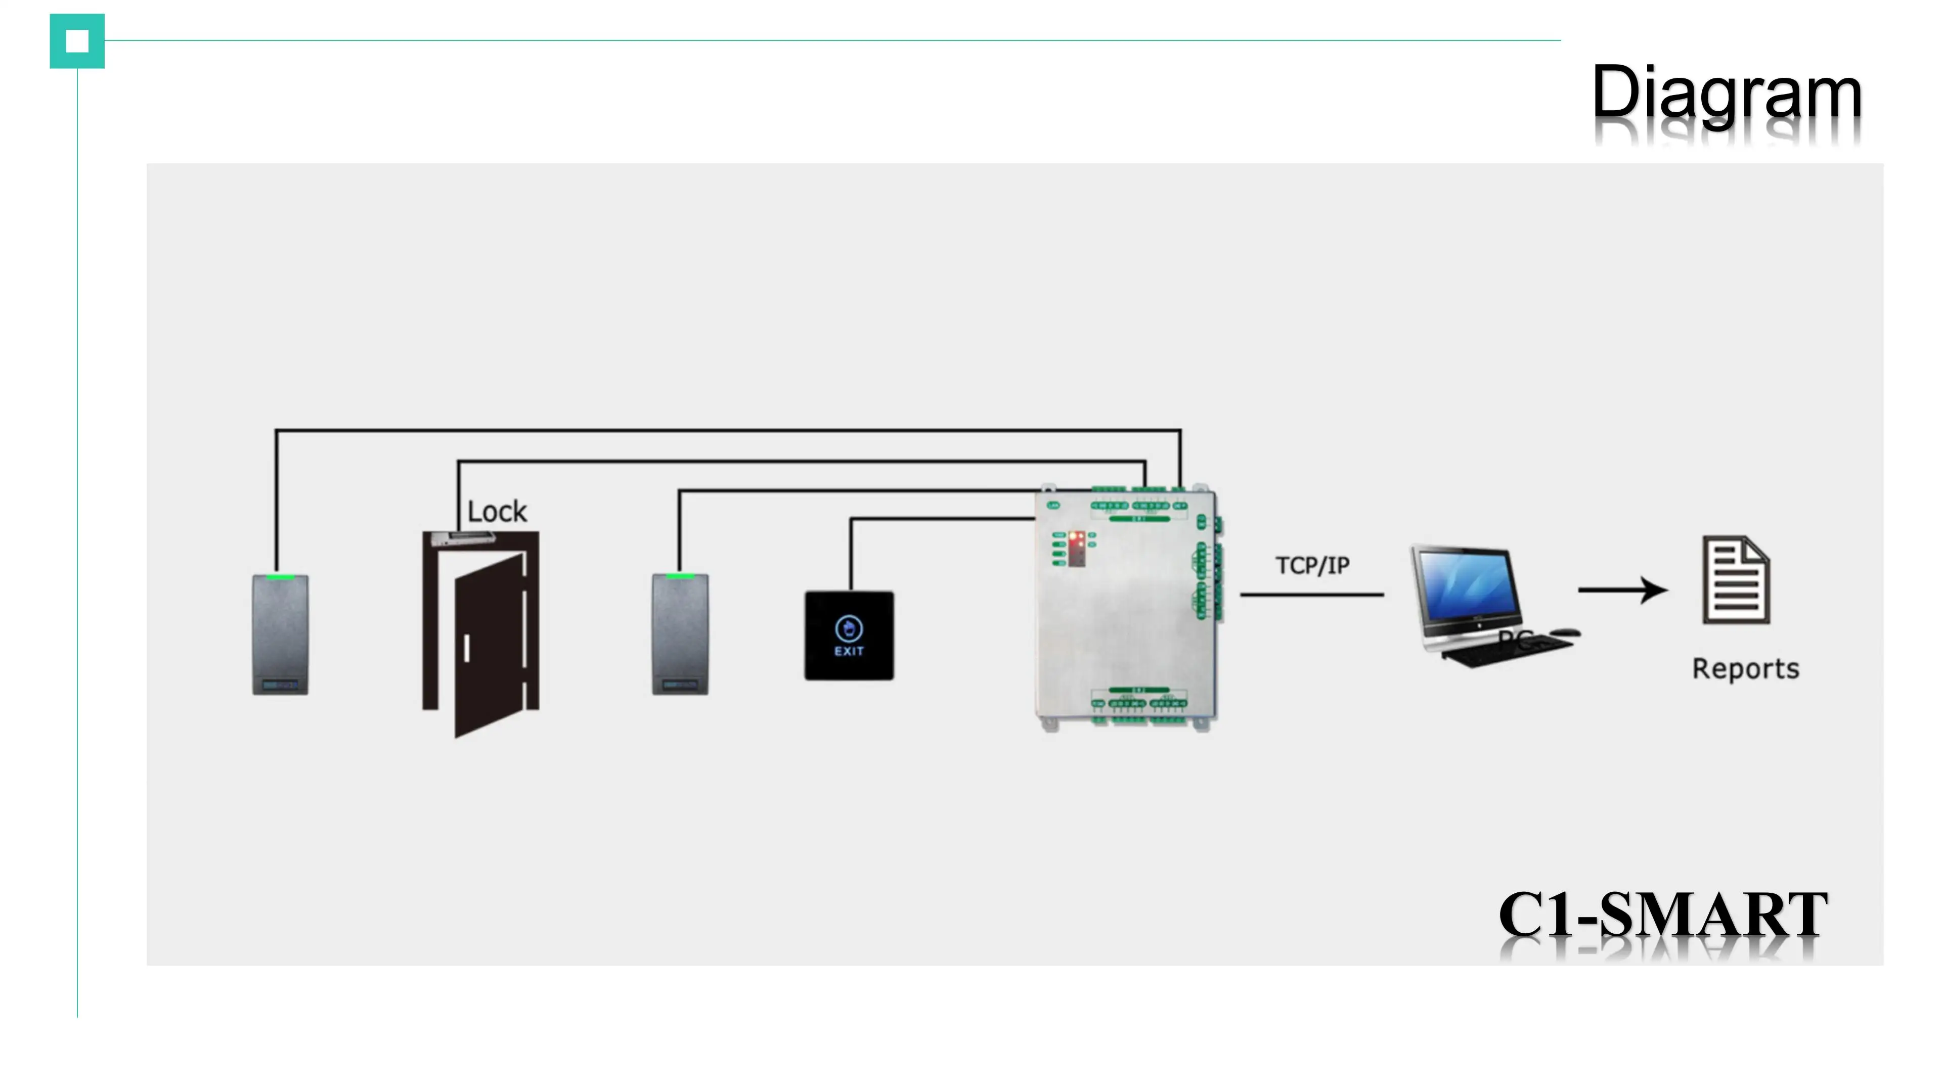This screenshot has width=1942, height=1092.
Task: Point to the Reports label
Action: (1745, 668)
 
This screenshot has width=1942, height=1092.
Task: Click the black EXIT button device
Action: (849, 635)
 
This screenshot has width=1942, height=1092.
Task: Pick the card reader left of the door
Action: (280, 634)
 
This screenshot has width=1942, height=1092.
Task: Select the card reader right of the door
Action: (679, 634)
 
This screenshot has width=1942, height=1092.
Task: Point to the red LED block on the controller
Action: (1077, 549)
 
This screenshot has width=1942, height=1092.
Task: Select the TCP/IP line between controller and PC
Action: (1312, 595)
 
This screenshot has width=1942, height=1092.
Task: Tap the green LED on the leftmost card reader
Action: (280, 577)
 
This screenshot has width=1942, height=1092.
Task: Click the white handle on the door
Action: (467, 648)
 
